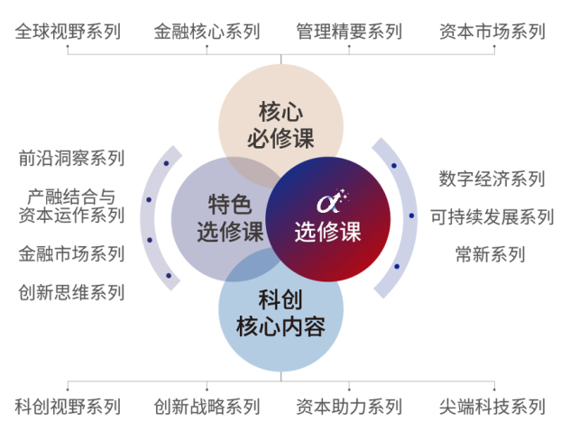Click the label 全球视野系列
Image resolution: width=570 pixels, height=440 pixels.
pyautogui.click(x=68, y=32)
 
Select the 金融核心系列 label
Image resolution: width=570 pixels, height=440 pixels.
pyautogui.click(x=207, y=32)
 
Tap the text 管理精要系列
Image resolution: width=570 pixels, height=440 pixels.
pyautogui.click(x=349, y=32)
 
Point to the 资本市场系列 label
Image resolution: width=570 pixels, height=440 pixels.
pyautogui.click(x=492, y=32)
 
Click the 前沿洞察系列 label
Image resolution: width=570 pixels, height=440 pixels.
pyautogui.click(x=71, y=158)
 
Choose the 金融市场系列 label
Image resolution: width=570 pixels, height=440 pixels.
pyautogui.click(x=71, y=253)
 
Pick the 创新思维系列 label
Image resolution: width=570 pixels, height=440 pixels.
pyautogui.click(x=71, y=292)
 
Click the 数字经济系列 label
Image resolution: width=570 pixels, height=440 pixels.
pyautogui.click(x=492, y=179)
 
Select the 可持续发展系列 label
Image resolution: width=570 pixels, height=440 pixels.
pyautogui.click(x=492, y=217)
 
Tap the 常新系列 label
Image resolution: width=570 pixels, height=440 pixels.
pyautogui.click(x=491, y=254)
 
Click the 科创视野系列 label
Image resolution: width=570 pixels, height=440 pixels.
pyautogui.click(x=68, y=407)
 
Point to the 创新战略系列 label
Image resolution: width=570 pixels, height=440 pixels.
pyautogui.click(x=207, y=407)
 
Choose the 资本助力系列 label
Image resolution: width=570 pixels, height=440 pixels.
pyautogui.click(x=349, y=407)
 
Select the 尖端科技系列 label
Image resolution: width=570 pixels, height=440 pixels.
pyautogui.click(x=492, y=407)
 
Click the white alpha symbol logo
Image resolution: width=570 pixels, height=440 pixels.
pyautogui.click(x=332, y=201)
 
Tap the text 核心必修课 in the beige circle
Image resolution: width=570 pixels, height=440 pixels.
pyautogui.click(x=280, y=125)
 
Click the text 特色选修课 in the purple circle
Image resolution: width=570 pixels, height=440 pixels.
pyautogui.click(x=230, y=218)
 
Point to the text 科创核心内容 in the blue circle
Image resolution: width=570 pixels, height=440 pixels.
pyautogui.click(x=280, y=313)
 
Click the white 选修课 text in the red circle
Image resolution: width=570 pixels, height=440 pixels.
pyautogui.click(x=328, y=232)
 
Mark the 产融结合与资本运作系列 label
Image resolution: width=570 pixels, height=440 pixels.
pyautogui.click(x=71, y=206)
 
